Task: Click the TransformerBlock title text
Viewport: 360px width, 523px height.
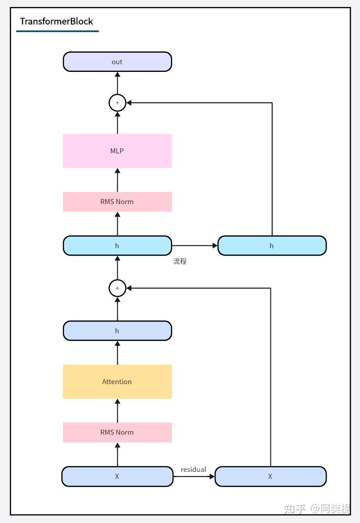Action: pos(57,21)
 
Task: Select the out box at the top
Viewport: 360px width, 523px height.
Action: pos(117,62)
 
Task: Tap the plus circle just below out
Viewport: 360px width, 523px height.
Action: pos(117,103)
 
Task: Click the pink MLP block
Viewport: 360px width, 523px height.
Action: pos(117,151)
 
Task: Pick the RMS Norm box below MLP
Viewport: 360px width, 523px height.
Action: pos(117,202)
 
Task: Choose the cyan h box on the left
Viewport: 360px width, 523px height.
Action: pos(117,246)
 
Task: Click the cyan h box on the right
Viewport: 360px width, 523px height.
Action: pos(272,246)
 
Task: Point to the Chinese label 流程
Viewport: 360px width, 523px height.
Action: pos(180,261)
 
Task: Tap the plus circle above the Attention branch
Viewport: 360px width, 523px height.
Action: pos(117,288)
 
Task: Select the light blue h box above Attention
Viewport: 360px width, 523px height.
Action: pos(117,331)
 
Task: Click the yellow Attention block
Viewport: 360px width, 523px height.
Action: pos(117,382)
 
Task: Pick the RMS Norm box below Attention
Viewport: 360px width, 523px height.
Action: pos(117,433)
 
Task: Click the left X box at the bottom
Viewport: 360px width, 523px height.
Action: pos(117,476)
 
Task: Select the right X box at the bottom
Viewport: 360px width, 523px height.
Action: pos(270,476)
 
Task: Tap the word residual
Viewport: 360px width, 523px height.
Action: pos(193,469)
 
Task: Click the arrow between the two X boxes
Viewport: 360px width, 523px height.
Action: pos(194,476)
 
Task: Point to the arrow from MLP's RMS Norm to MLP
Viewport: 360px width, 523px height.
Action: pos(117,180)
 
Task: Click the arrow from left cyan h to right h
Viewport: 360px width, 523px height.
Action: pos(194,246)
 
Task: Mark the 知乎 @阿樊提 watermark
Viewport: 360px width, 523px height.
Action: pos(317,509)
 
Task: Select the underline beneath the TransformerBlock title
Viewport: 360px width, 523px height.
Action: pos(57,31)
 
